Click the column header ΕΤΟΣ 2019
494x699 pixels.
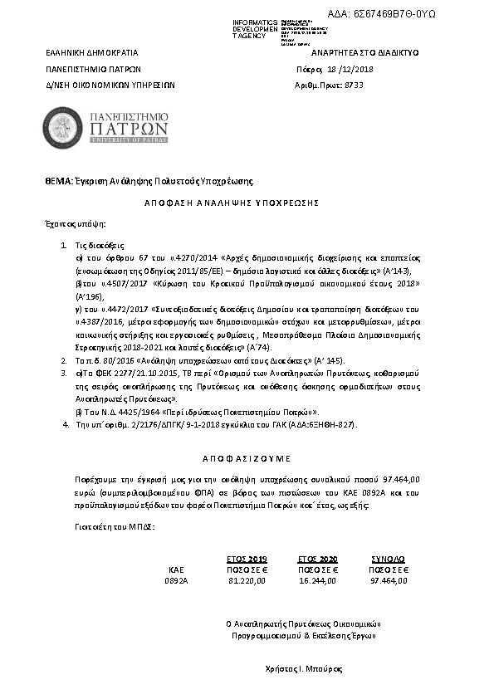[246, 560]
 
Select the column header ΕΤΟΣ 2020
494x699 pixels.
[316, 560]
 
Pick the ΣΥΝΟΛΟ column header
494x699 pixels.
[388, 560]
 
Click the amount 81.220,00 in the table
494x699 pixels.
[246, 580]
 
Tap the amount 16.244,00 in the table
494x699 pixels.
[317, 580]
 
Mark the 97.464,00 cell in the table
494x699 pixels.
[389, 580]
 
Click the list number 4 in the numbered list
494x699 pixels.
[66, 424]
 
